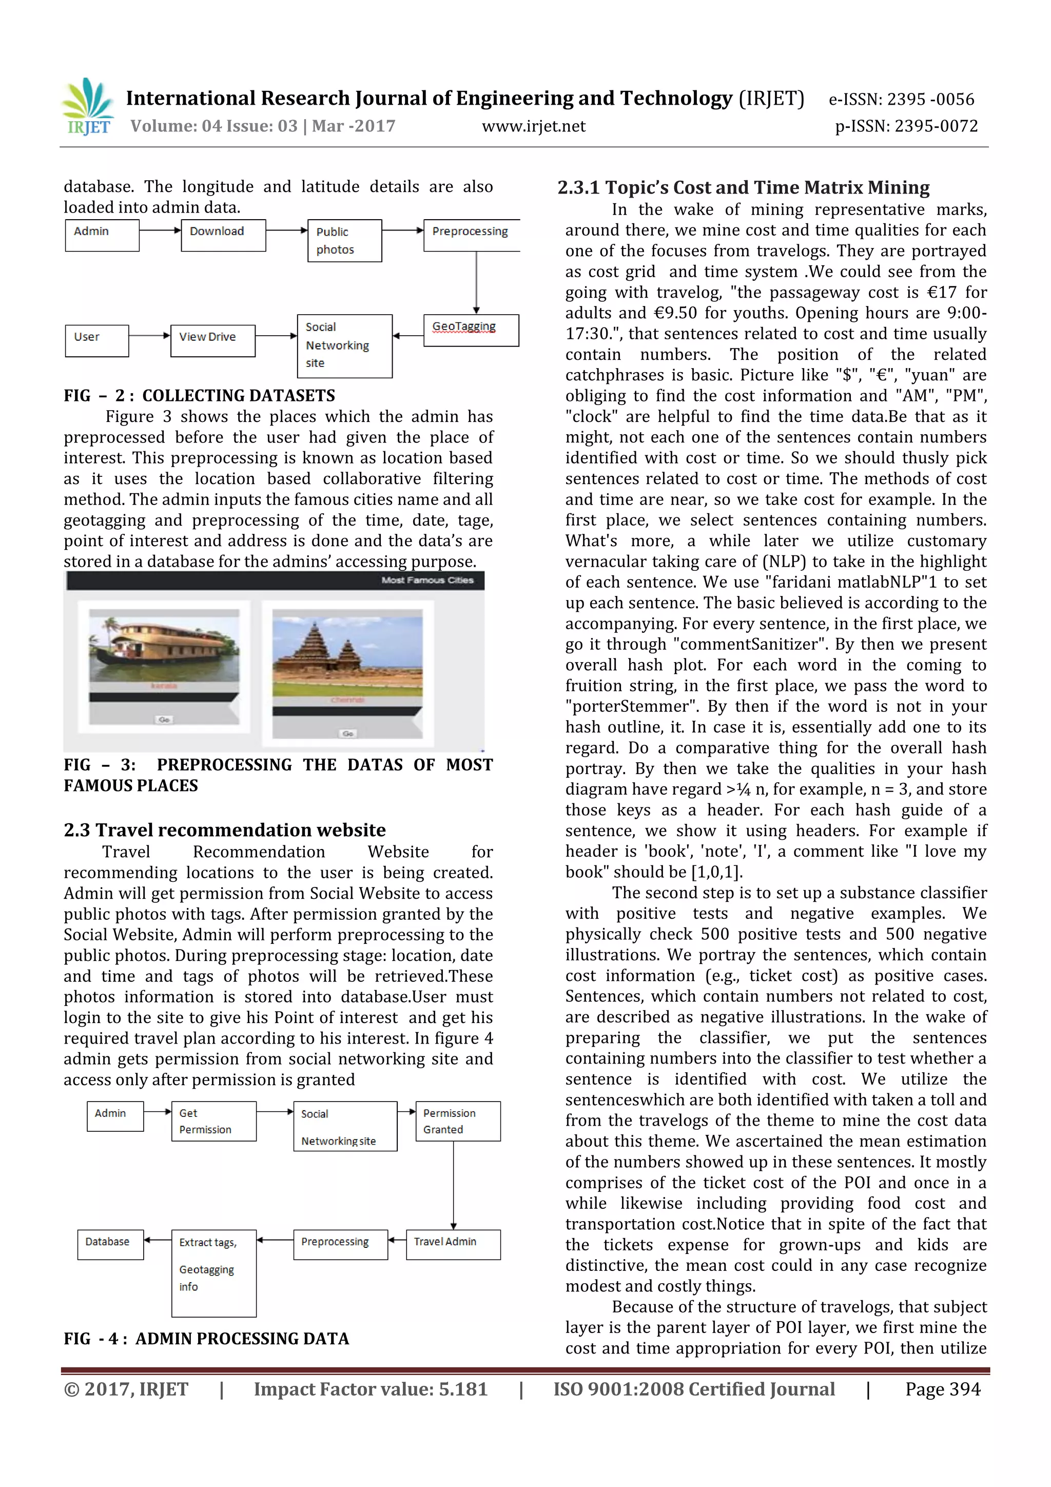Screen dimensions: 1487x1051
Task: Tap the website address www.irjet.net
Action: point(533,126)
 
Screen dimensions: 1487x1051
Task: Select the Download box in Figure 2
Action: point(223,235)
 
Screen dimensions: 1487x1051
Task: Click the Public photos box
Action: point(344,240)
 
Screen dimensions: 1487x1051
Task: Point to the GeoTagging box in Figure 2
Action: point(471,330)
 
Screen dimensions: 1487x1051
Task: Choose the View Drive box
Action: point(212,340)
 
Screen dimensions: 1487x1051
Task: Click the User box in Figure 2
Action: point(96,340)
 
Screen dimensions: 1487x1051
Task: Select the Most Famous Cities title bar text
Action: point(427,580)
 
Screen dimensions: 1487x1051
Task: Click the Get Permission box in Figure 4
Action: point(213,1121)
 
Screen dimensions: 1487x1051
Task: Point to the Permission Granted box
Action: point(457,1121)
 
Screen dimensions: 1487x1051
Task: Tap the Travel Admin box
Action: point(453,1244)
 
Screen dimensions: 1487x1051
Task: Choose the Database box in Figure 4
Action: point(110,1244)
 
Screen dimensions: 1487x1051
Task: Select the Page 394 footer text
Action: point(942,1389)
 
